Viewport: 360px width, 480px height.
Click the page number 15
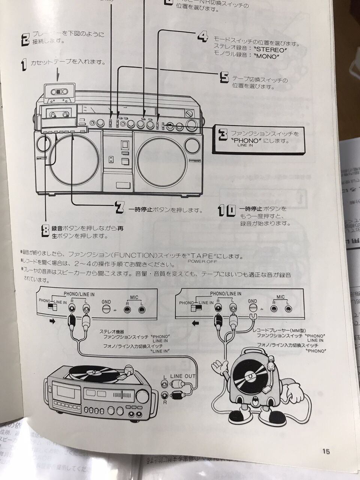click(325, 451)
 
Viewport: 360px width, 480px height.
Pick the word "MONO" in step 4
click(267, 56)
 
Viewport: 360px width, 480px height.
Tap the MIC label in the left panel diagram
click(134, 297)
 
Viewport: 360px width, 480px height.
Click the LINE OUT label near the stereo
click(183, 376)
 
